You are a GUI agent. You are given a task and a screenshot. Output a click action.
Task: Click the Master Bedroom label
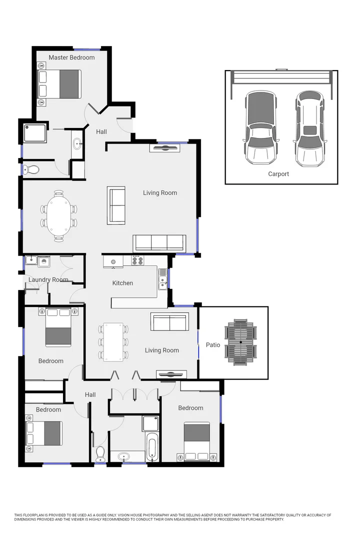[x=71, y=57]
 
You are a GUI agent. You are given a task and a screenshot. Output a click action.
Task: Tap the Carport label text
[x=278, y=174]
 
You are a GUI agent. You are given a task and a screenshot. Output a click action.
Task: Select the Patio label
[x=213, y=345]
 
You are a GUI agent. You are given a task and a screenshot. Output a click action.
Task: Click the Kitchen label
[x=122, y=283]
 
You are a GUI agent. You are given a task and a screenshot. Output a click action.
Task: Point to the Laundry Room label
[x=48, y=280]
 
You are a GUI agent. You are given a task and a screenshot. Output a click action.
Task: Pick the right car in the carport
[x=310, y=129]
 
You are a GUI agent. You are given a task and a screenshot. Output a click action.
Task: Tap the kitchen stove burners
[x=137, y=260]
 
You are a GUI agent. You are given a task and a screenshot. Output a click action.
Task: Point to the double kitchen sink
[x=162, y=279]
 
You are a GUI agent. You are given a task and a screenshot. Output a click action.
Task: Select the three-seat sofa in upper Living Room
[x=159, y=243]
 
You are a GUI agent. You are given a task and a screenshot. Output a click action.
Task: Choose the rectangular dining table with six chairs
[x=113, y=342]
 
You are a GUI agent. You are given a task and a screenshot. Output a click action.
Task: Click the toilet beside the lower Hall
[x=100, y=452]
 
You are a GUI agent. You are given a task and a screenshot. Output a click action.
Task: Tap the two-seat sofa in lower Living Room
[x=170, y=322]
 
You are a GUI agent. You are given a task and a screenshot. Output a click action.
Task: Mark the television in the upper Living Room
[x=164, y=147]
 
